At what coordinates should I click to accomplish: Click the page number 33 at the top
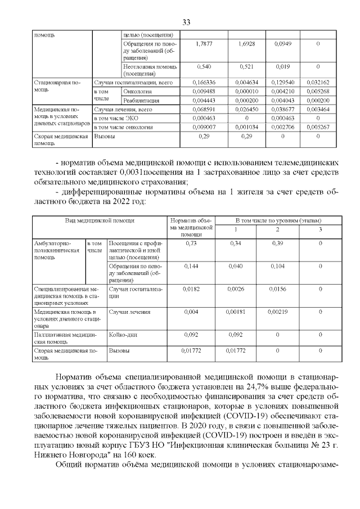(x=187, y=22)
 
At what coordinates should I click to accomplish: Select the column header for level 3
(x=321, y=229)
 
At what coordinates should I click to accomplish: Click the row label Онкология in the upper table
(x=138, y=91)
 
